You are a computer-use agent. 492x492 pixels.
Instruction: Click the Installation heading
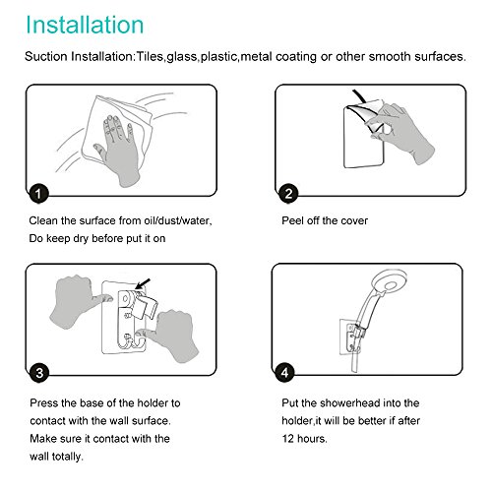pos(85,25)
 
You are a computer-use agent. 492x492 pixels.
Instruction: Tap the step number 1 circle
pos(38,194)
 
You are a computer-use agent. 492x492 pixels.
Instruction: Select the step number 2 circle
pos(288,194)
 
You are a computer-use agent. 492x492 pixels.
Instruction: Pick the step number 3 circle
pos(39,373)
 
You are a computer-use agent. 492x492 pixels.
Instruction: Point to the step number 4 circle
pos(284,372)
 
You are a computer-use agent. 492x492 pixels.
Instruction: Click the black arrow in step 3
pos(143,284)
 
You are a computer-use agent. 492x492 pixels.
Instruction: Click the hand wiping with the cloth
pos(118,150)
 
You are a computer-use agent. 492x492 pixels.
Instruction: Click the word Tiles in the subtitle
pos(150,56)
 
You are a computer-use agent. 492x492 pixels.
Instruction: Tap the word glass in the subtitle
pos(182,57)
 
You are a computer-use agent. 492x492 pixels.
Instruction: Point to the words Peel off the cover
pos(325,220)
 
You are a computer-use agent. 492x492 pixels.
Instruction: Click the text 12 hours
pos(304,439)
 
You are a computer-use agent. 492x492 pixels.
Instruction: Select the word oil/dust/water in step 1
pos(178,220)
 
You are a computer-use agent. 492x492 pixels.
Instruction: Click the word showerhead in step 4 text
pos(350,402)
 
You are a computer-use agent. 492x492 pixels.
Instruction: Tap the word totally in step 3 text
pos(67,457)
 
